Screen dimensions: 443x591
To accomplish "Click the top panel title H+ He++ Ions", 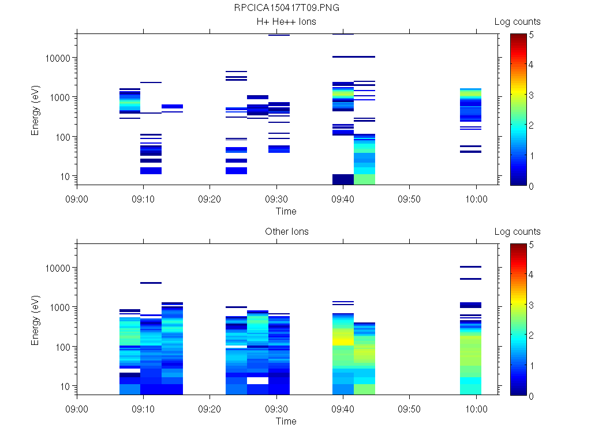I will tap(287, 22).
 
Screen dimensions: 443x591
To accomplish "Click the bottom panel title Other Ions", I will tap(287, 232).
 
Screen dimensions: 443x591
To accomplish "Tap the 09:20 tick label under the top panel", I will tap(210, 199).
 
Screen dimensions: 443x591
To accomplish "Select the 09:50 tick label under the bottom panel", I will tap(409, 409).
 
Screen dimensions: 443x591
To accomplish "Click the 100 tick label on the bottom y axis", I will tap(62, 347).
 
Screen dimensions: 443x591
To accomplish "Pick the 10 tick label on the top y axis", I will tap(64, 177).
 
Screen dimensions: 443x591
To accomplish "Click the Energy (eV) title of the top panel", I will tap(36, 110).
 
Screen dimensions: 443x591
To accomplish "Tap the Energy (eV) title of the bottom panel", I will tap(36, 320).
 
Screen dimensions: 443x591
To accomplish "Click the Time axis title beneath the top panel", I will tap(286, 211).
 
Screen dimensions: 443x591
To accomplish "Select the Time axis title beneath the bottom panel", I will tap(286, 421).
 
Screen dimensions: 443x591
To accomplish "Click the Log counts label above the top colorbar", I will tap(517, 22).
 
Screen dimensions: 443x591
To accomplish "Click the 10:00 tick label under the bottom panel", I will tap(476, 409).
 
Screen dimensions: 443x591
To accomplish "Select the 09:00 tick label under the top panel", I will tap(77, 199).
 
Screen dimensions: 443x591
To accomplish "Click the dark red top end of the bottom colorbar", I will tap(518, 246).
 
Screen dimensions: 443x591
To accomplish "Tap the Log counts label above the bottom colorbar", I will tap(517, 232).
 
